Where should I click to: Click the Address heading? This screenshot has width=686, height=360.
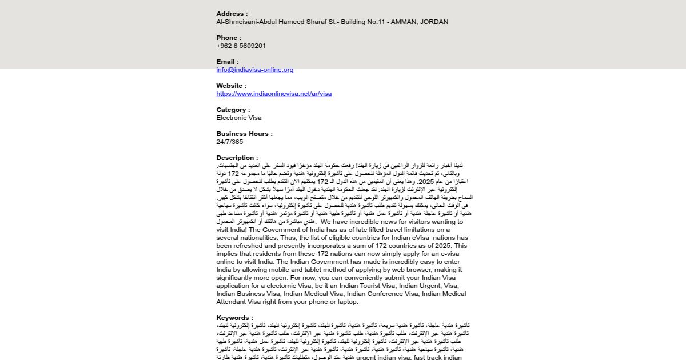232,14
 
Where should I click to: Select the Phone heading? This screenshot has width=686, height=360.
229,38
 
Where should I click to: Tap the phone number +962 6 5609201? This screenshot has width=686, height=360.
241,46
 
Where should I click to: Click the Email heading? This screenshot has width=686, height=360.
227,62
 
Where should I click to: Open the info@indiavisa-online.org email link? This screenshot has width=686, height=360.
254,70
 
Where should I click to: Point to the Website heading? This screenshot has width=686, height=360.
231,86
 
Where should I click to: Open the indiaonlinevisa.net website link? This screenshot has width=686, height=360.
274,94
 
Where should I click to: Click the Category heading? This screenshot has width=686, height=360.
233,110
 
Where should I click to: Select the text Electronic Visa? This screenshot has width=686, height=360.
238,118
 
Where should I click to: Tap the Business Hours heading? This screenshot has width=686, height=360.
244,134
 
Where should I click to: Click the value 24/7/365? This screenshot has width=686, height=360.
229,142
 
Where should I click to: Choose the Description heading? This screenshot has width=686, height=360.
237,158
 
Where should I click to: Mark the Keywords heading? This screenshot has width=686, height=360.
234,318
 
